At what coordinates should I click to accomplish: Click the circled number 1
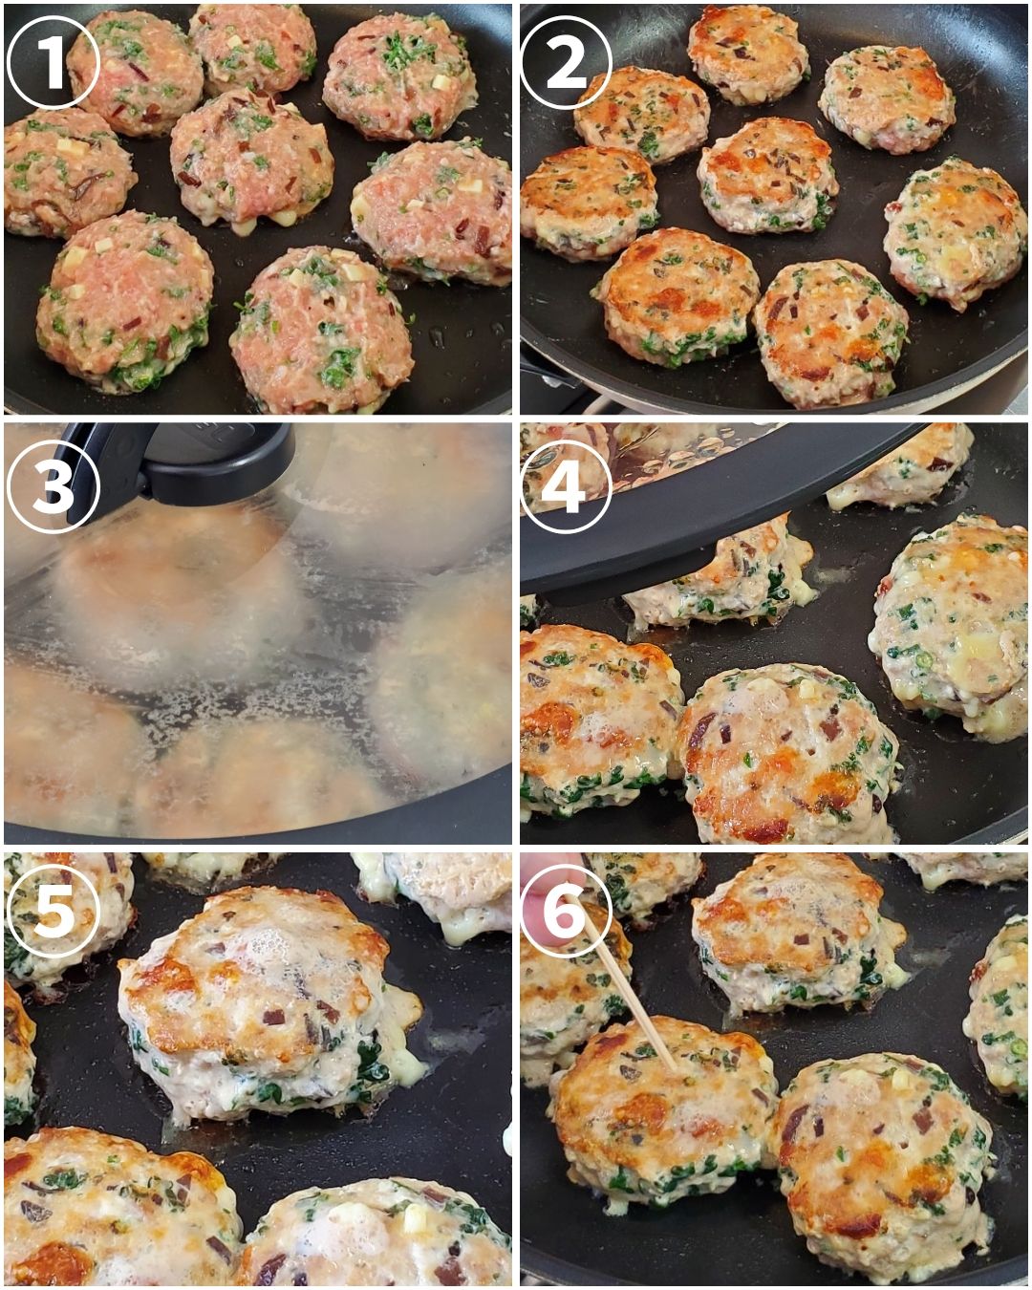click(x=53, y=62)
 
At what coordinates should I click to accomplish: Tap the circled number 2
click(x=566, y=62)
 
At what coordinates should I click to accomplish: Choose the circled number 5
click(x=53, y=912)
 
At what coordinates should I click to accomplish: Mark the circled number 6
click(x=566, y=912)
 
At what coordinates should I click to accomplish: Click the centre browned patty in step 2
click(x=767, y=174)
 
